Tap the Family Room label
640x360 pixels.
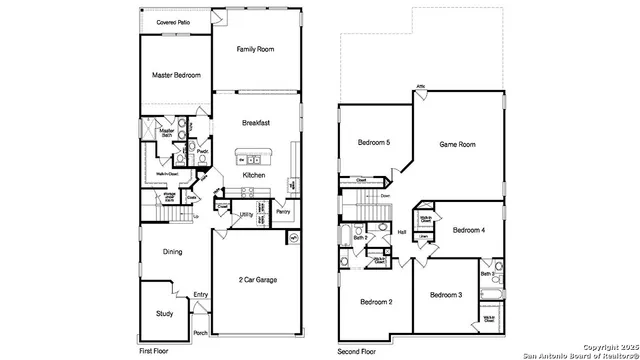coord(256,48)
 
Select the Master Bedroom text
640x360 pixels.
coord(176,75)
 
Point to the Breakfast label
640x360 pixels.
coord(256,123)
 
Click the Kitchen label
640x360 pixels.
coord(254,175)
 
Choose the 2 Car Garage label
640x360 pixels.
coord(258,279)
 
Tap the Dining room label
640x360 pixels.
coord(172,251)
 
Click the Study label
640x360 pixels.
coord(164,313)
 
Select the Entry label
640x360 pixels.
coord(201,294)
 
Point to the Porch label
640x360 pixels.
coord(200,333)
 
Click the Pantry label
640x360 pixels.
coord(283,212)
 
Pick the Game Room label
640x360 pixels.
coord(457,144)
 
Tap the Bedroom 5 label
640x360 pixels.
coord(373,143)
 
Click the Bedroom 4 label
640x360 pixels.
coord(468,230)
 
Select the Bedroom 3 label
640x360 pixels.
coord(446,295)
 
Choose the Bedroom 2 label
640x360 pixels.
coord(375,301)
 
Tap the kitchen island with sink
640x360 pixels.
coord(247,158)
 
